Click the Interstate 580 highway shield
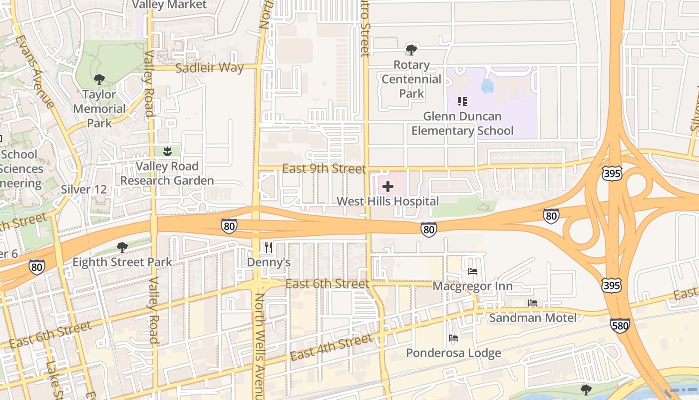coord(620,325)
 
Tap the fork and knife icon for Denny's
coord(269,247)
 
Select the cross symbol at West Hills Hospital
coord(387,187)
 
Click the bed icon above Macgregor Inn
coord(472,271)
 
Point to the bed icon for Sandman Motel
coord(533,303)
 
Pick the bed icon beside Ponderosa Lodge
coord(453,338)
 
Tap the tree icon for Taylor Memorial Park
coord(99,79)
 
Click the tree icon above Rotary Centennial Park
coord(411,49)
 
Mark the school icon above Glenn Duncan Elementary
coord(462,101)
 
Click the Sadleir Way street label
coord(210,67)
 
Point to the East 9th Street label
coord(324,168)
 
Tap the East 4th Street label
coord(332,347)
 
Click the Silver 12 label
coord(84,189)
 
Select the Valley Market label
coord(169,5)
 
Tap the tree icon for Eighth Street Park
coord(122,247)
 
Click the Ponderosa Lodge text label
coord(453,353)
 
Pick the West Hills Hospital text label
coord(388,201)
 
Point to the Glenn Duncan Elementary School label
coord(462,123)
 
